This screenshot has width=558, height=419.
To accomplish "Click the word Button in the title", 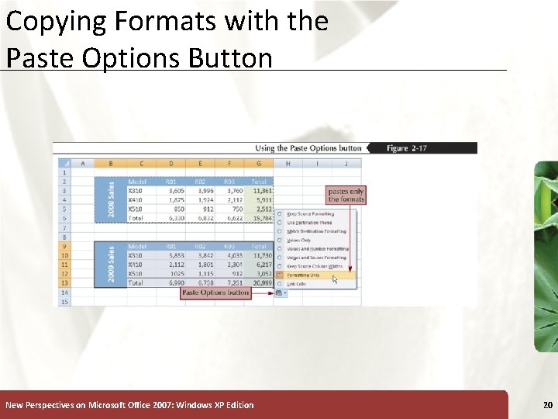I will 232,57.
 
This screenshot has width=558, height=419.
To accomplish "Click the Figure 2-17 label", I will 408,147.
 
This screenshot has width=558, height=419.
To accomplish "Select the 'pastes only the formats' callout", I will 346,195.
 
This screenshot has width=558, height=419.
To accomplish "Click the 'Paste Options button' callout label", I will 215,293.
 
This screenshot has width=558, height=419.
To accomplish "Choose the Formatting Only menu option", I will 303,275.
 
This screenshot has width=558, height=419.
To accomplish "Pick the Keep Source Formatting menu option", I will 311,214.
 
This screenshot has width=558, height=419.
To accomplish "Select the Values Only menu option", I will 299,241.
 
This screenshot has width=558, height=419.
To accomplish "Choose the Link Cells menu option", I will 297,284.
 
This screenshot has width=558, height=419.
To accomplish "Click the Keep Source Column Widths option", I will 315,266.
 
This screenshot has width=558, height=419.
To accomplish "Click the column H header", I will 288,163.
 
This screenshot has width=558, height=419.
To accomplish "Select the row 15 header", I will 64,301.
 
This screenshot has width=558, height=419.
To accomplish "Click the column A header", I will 83,163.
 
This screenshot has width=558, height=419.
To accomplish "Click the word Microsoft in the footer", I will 112,405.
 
